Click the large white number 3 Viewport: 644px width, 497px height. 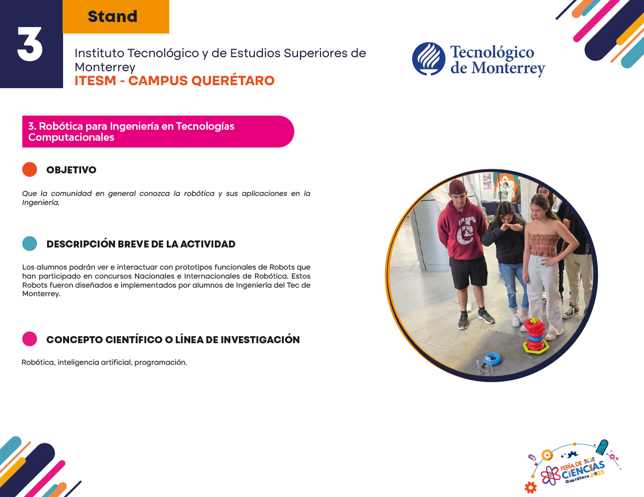(30, 44)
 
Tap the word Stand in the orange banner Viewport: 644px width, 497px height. (113, 17)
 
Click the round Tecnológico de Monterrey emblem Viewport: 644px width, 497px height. (429, 59)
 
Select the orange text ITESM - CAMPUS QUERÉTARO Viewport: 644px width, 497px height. (175, 81)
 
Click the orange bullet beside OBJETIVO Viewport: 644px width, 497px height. (30, 169)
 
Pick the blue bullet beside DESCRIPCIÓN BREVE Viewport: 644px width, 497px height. (30, 243)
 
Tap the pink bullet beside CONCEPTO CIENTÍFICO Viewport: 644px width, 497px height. (30, 339)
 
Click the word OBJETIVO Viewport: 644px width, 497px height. (72, 170)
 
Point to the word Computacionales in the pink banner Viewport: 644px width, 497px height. (71, 137)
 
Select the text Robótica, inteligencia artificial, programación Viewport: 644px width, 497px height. (104, 362)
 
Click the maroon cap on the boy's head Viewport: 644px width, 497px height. (457, 187)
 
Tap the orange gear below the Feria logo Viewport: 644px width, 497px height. (530, 487)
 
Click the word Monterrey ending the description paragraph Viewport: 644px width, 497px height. (41, 294)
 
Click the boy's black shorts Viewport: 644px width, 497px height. (467, 272)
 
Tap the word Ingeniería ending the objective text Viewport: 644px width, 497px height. (41, 203)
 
